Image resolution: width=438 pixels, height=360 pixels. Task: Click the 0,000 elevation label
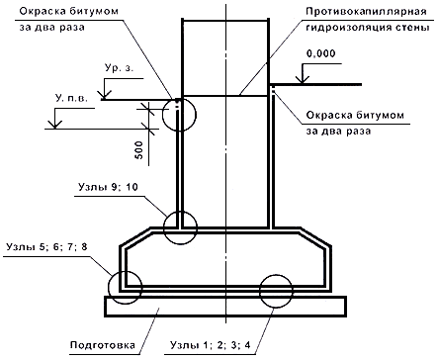coord(320,53)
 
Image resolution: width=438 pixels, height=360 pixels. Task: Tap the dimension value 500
coord(139,150)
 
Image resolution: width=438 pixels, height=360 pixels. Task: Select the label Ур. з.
coord(120,68)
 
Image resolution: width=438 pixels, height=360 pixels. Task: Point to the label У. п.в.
coord(71,98)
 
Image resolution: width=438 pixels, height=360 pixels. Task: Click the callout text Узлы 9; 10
coord(108,187)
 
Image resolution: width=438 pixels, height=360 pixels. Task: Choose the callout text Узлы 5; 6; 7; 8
coord(46,246)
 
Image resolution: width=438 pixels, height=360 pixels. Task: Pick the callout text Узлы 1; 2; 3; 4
coord(210,345)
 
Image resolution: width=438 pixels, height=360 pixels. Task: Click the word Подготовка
coord(103,345)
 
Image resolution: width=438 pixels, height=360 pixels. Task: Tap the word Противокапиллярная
coord(366,12)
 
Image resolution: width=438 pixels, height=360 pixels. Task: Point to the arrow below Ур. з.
coord(105,89)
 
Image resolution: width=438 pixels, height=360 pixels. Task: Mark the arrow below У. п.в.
coord(55,118)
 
